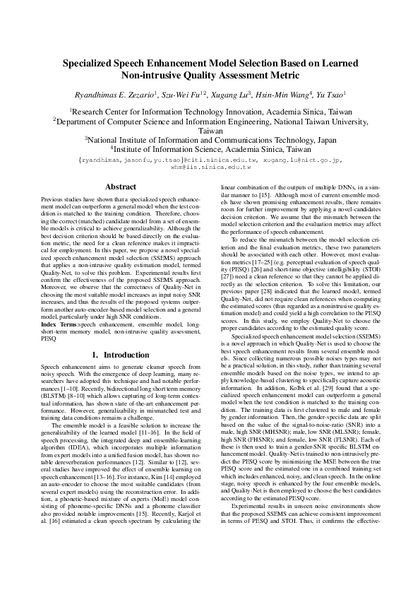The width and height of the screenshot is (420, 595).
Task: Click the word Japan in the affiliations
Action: pos(323,141)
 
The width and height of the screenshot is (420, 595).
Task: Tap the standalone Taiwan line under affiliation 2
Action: pos(210,131)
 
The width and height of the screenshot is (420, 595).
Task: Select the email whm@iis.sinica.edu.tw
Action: pos(210,168)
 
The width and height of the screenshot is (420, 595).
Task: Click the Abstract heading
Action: pos(121,187)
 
